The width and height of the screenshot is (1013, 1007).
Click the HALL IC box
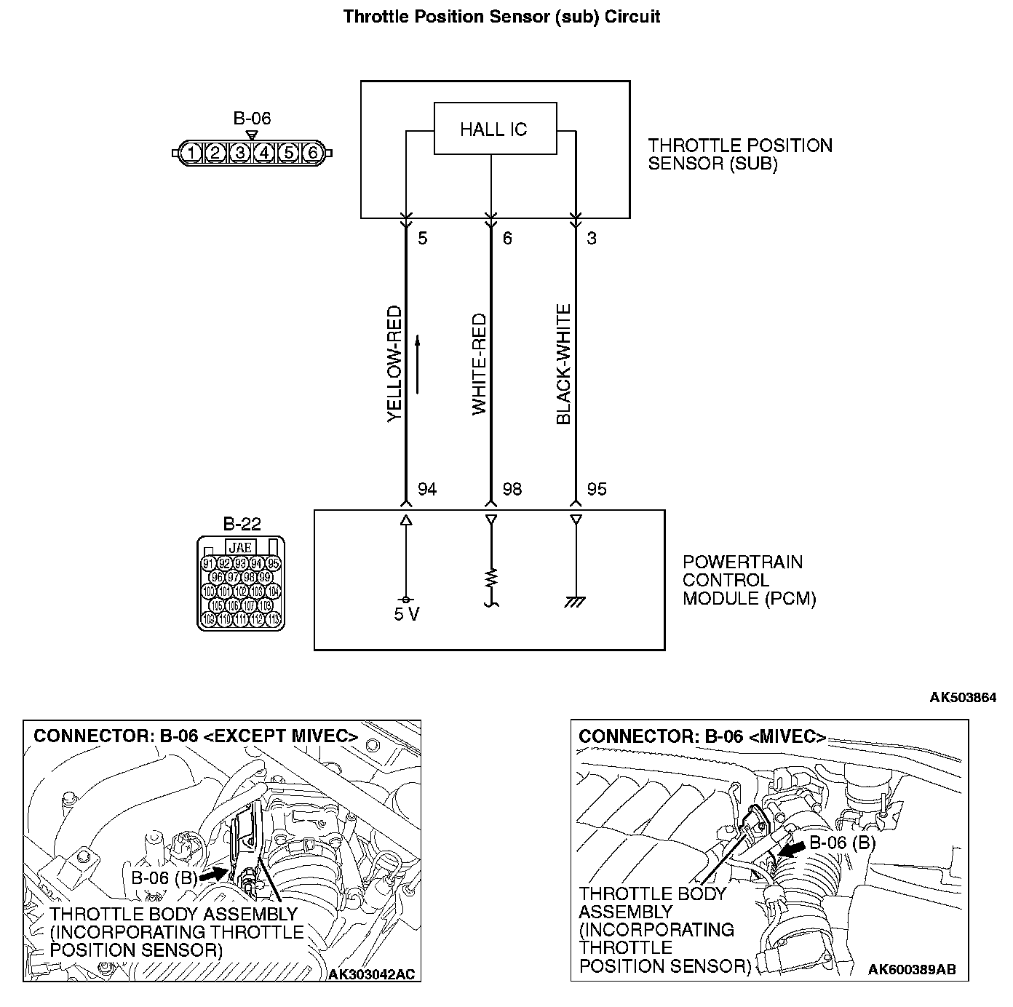pyautogui.click(x=495, y=129)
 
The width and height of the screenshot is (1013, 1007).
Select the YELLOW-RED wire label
pyautogui.click(x=394, y=363)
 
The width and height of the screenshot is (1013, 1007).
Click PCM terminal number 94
pyautogui.click(x=427, y=489)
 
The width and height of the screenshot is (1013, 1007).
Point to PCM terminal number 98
pyautogui.click(x=512, y=489)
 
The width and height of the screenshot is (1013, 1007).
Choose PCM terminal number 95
pyautogui.click(x=597, y=489)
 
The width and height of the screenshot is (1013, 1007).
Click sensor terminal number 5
pyautogui.click(x=423, y=238)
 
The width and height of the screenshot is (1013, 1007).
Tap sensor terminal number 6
pyautogui.click(x=507, y=238)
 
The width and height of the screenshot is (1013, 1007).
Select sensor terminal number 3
pyautogui.click(x=592, y=238)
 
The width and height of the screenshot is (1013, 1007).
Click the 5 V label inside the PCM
pyautogui.click(x=406, y=614)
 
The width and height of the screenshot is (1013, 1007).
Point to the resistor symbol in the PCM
pyautogui.click(x=491, y=579)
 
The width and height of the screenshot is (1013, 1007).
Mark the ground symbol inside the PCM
pyautogui.click(x=576, y=602)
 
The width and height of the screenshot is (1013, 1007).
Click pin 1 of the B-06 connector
pyautogui.click(x=191, y=153)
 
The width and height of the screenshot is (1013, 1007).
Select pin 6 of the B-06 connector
pyautogui.click(x=313, y=153)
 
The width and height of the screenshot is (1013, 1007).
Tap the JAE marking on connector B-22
pyautogui.click(x=240, y=547)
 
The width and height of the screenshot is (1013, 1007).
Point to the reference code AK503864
pyautogui.click(x=962, y=698)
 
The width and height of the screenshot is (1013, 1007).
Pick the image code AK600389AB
pyautogui.click(x=912, y=969)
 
